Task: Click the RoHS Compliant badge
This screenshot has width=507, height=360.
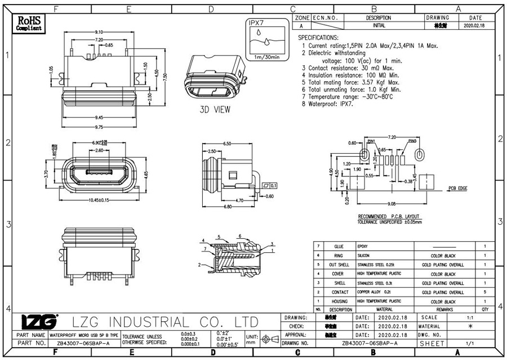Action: tap(29, 23)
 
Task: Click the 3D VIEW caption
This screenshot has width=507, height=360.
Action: tap(215, 110)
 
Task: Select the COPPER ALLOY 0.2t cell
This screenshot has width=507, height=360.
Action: tap(377, 292)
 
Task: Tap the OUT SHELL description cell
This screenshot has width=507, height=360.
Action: tap(340, 265)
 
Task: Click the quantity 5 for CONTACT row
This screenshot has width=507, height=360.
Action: tap(485, 292)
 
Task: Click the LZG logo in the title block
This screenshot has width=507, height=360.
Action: tap(39, 322)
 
